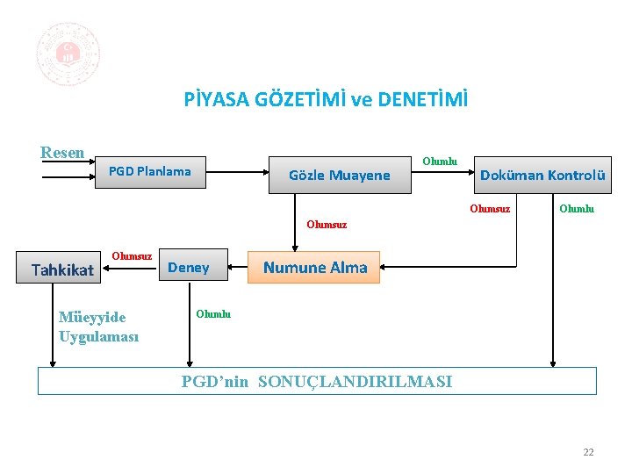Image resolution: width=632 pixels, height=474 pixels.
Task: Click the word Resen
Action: pyautogui.click(x=62, y=153)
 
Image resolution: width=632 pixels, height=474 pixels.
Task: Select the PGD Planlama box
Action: pyautogui.click(x=149, y=171)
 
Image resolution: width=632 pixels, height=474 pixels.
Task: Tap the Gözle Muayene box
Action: pyautogui.click(x=339, y=176)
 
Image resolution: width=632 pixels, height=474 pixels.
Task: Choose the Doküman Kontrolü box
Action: pyautogui.click(x=542, y=175)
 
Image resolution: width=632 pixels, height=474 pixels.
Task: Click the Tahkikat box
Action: pyautogui.click(x=62, y=269)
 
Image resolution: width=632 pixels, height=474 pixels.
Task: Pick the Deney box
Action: pyautogui.click(x=189, y=268)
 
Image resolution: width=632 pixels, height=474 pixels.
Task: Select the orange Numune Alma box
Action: pyautogui.click(x=314, y=268)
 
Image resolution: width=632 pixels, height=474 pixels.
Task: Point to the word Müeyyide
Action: pyautogui.click(x=92, y=317)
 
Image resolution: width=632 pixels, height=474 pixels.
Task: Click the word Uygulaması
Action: pyautogui.click(x=98, y=336)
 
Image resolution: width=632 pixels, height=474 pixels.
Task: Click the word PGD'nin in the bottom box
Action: pyautogui.click(x=215, y=382)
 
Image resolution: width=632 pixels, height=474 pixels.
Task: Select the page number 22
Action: pyautogui.click(x=588, y=452)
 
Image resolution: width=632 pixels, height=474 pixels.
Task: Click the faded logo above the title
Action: pyautogui.click(x=68, y=54)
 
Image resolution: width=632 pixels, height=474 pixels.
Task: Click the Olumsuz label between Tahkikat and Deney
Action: pyautogui.click(x=132, y=256)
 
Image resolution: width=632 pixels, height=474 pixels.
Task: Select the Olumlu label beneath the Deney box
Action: pyautogui.click(x=213, y=314)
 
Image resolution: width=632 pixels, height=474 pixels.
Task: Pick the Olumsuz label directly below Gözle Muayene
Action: pyautogui.click(x=327, y=225)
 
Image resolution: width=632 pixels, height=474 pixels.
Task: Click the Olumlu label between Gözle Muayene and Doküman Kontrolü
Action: pyautogui.click(x=440, y=162)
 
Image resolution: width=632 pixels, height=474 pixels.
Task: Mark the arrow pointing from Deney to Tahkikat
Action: pyautogui.click(x=129, y=269)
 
